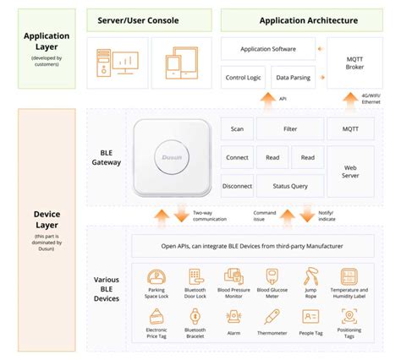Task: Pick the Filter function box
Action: point(288,128)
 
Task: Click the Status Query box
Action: point(288,186)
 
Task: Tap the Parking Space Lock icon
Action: point(157,276)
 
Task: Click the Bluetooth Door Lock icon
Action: point(195,276)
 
